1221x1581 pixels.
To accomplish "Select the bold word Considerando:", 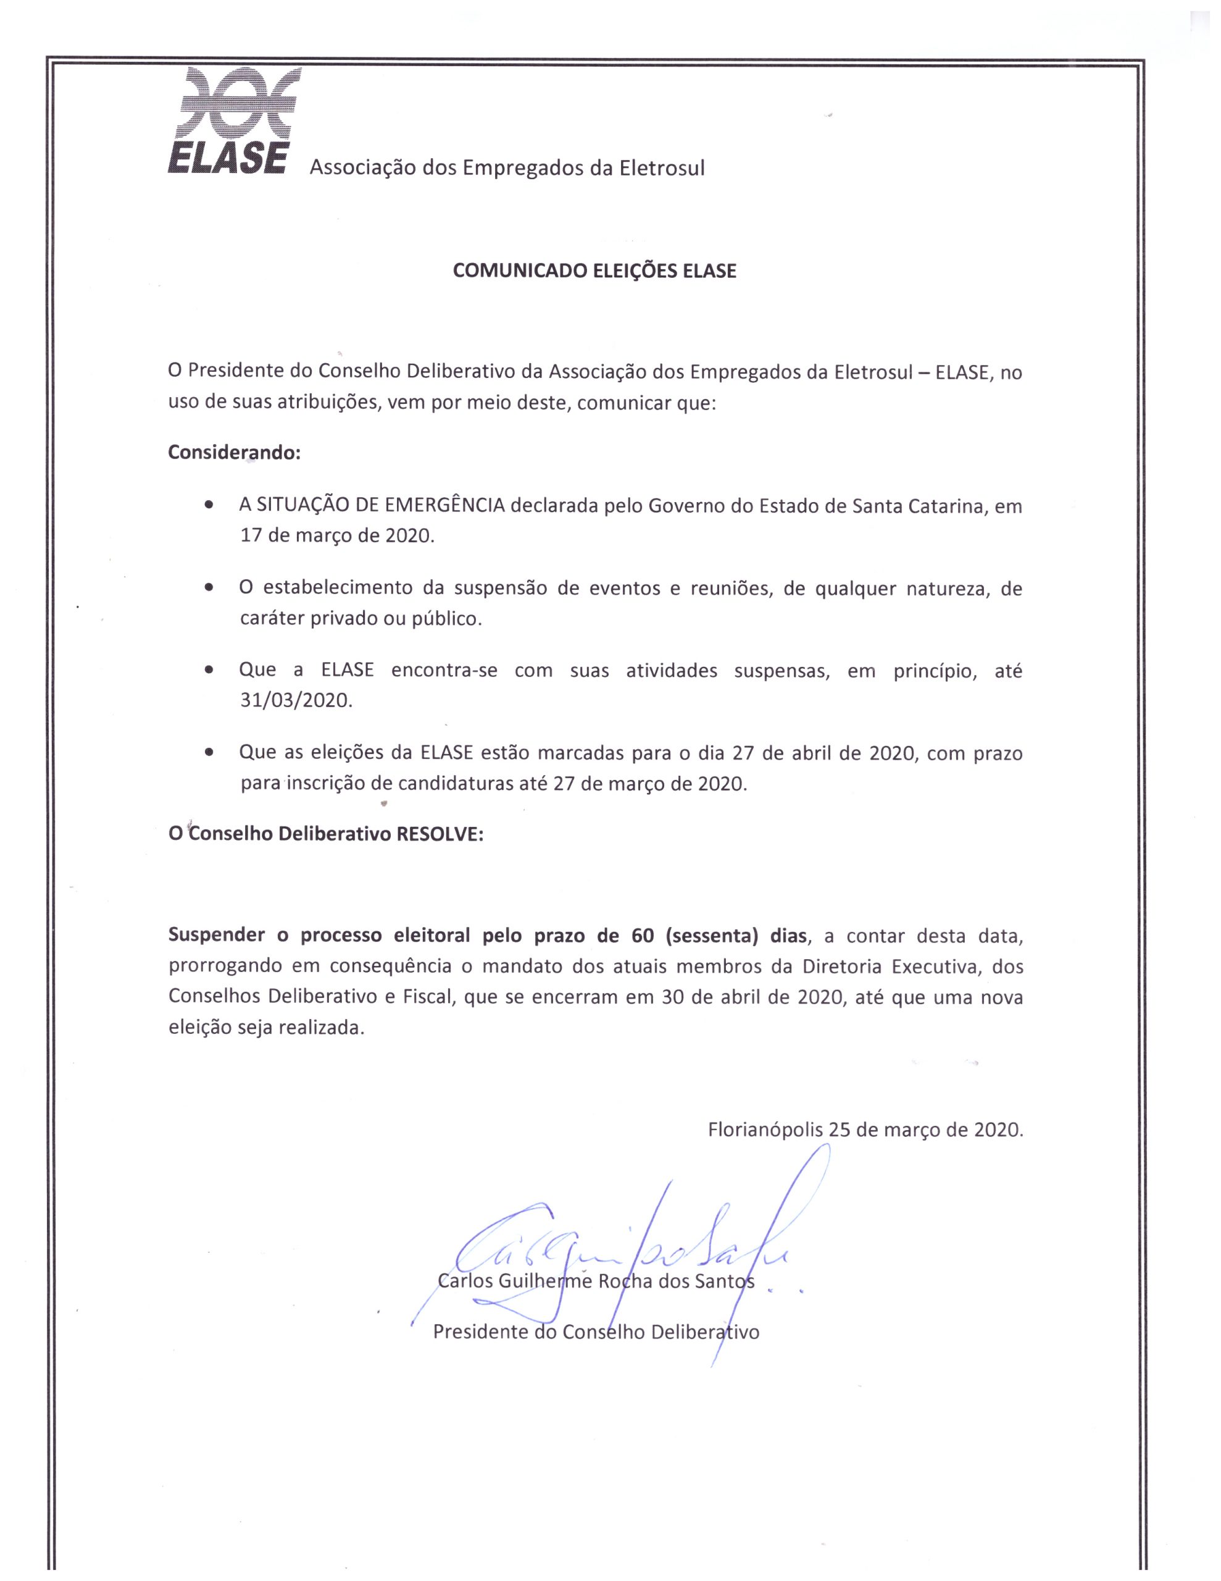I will tap(234, 453).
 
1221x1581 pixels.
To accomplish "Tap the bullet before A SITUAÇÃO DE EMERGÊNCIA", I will tap(209, 505).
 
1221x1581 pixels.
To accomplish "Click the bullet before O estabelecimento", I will tap(209, 588).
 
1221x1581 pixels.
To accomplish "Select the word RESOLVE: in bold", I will tap(440, 834).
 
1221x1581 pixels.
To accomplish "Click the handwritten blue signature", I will tap(622, 1245).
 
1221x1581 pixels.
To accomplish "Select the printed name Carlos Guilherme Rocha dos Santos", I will tap(596, 1281).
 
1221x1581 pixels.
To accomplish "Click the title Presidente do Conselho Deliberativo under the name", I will tap(596, 1331).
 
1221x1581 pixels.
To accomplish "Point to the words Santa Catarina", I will tap(919, 505).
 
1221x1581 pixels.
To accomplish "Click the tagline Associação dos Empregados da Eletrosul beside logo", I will tap(507, 168).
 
